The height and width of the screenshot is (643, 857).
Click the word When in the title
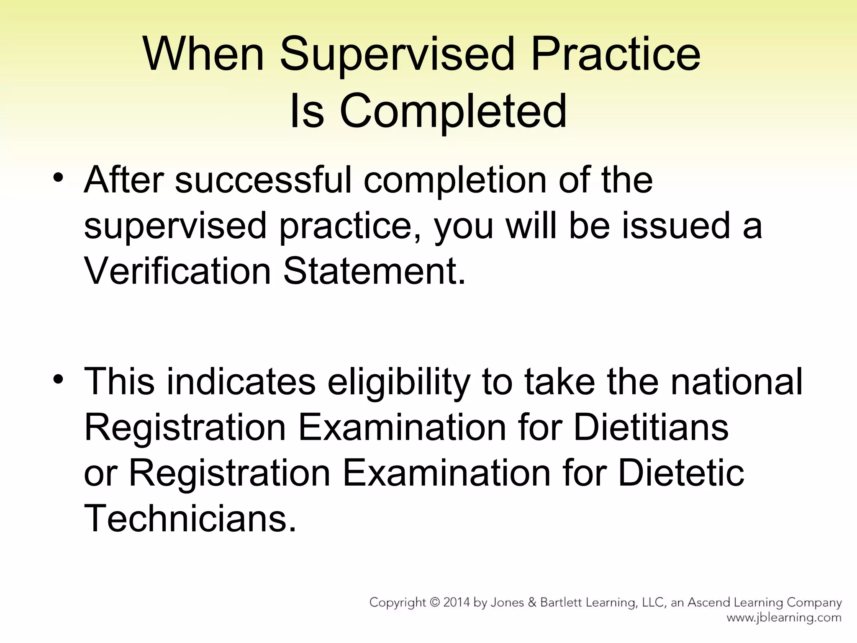(x=203, y=54)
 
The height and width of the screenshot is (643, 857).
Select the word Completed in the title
(x=453, y=111)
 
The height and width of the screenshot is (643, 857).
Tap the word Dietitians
(x=651, y=427)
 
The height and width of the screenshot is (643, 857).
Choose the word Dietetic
(x=681, y=473)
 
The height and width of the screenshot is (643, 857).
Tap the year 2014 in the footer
(x=457, y=603)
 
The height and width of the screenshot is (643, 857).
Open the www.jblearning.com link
(x=784, y=618)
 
